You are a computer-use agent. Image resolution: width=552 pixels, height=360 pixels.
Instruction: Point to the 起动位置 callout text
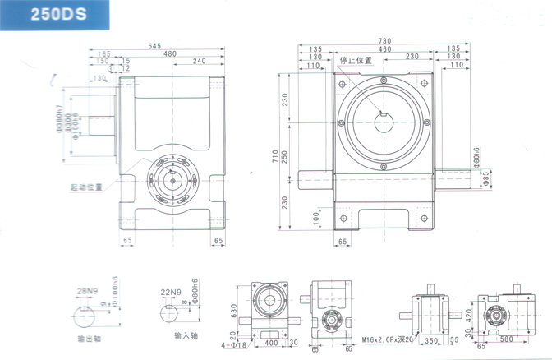[x=87, y=187]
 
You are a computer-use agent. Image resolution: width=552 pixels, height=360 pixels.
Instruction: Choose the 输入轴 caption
[x=186, y=336]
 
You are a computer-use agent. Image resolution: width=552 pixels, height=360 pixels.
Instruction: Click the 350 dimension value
[x=430, y=339]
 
